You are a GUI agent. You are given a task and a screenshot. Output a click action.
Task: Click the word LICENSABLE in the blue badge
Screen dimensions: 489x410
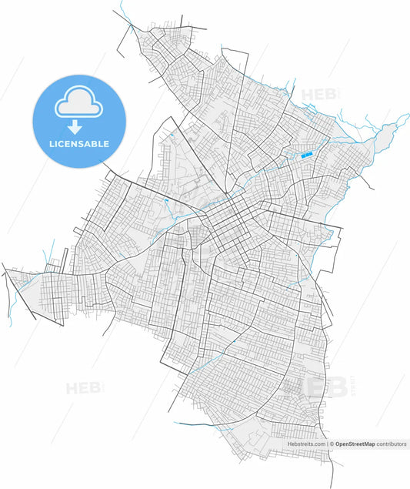[80, 144]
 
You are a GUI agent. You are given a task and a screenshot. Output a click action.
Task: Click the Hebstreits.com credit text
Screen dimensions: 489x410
[307, 444]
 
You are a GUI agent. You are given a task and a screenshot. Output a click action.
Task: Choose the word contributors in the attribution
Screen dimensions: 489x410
[392, 444]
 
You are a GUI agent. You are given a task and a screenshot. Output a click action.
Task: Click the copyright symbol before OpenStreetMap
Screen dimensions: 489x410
[332, 444]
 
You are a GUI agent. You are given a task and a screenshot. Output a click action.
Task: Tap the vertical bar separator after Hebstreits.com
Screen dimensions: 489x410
[327, 444]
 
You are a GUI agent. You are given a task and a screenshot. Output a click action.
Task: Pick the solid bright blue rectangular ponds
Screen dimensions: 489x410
[306, 156]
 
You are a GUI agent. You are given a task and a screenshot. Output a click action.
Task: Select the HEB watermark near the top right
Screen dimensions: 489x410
[317, 95]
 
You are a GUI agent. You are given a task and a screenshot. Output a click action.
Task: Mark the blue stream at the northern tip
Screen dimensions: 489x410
[126, 19]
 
